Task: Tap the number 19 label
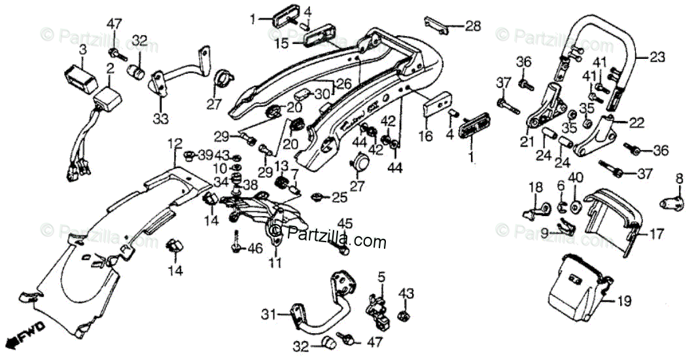(x=625, y=302)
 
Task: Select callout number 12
(x=174, y=142)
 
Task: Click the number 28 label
(x=472, y=26)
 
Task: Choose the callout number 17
(x=656, y=232)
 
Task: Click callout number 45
(x=345, y=224)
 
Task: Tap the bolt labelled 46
(x=235, y=247)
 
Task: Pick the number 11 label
(x=275, y=264)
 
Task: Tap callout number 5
(x=381, y=277)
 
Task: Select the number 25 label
(x=339, y=196)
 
